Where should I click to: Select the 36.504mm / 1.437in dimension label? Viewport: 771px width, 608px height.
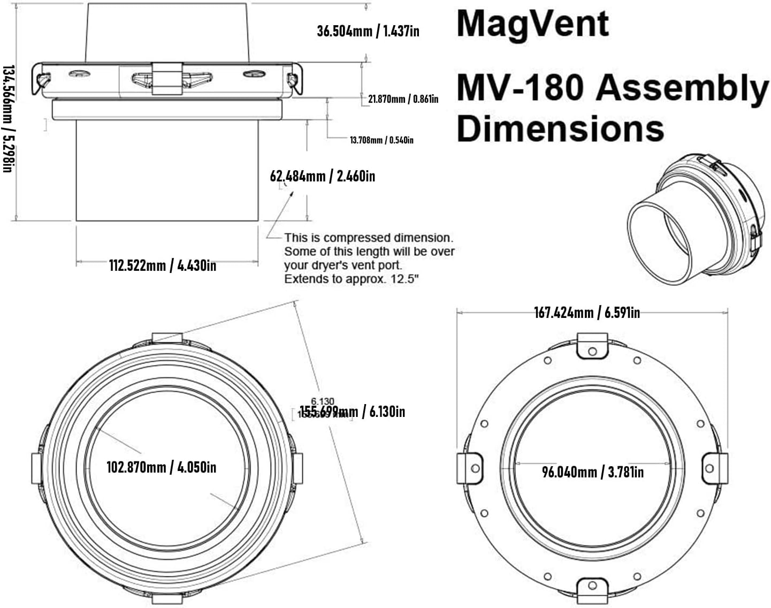point(368,31)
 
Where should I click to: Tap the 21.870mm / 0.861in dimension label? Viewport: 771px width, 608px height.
point(403,99)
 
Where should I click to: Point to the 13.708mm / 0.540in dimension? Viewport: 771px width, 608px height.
point(381,140)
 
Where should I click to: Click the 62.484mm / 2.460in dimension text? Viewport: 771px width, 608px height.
point(322,176)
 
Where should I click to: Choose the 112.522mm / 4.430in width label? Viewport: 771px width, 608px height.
point(163,265)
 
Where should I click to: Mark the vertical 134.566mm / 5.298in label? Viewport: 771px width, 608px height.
point(7,119)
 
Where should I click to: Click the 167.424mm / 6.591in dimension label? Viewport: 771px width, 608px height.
point(586,312)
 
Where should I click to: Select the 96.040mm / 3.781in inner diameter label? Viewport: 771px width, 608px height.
point(592,472)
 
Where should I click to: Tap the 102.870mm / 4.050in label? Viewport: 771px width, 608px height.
point(161,467)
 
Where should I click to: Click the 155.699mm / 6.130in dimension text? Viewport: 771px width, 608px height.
point(352,412)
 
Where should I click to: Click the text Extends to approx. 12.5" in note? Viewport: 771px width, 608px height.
point(351,279)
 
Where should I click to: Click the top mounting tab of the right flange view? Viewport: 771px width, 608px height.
point(592,346)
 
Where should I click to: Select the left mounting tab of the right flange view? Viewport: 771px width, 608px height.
point(469,468)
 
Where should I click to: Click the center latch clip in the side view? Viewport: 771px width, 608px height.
point(167,78)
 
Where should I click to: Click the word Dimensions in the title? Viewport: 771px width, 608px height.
point(560,129)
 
